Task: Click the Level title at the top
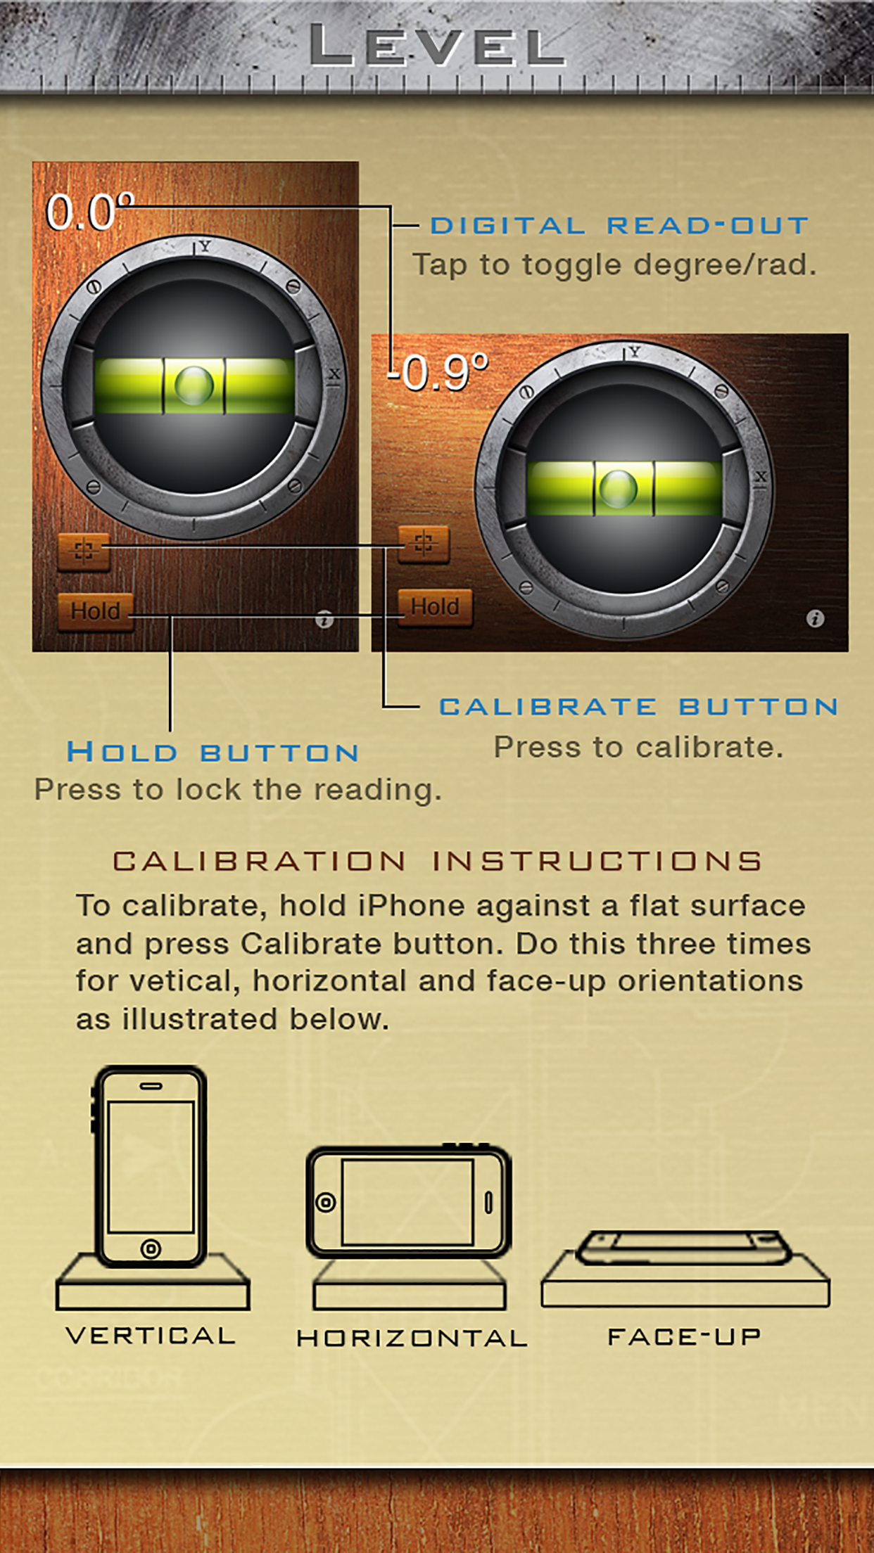437,46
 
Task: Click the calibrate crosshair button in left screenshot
84,551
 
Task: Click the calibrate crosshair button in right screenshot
424,544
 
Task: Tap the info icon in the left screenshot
324,620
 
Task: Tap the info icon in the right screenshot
815,618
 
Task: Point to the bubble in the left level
194,385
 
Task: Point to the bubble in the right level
618,488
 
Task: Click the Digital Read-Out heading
619,226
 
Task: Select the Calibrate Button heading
639,706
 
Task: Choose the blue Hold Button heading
213,752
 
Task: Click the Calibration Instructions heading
438,861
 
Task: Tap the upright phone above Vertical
149,1166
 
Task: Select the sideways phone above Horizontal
409,1201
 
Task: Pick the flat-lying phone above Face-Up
684,1247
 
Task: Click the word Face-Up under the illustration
684,1336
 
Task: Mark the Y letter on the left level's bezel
205,245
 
